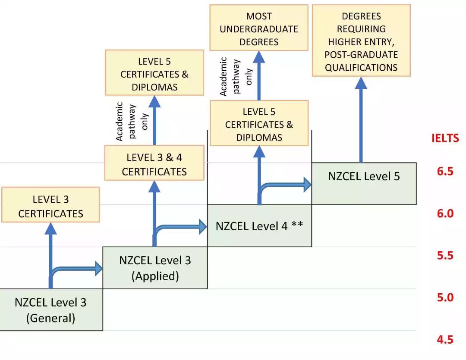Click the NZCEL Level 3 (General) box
coord(51,310)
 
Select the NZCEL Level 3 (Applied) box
coord(155,268)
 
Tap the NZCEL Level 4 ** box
coord(259,226)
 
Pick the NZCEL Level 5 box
coord(364,176)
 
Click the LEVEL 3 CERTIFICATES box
coord(50,206)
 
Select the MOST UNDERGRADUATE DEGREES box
coord(259,29)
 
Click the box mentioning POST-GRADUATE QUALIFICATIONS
coord(361,41)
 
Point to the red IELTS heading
coord(445,138)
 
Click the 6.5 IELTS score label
coord(445,172)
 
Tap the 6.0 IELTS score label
coord(445,213)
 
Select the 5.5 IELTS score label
coord(445,256)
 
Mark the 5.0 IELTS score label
coord(445,297)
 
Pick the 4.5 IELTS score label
coord(445,340)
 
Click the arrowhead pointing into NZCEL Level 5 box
coord(307,185)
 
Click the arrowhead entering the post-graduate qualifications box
coord(361,83)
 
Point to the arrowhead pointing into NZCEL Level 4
coord(202,227)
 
